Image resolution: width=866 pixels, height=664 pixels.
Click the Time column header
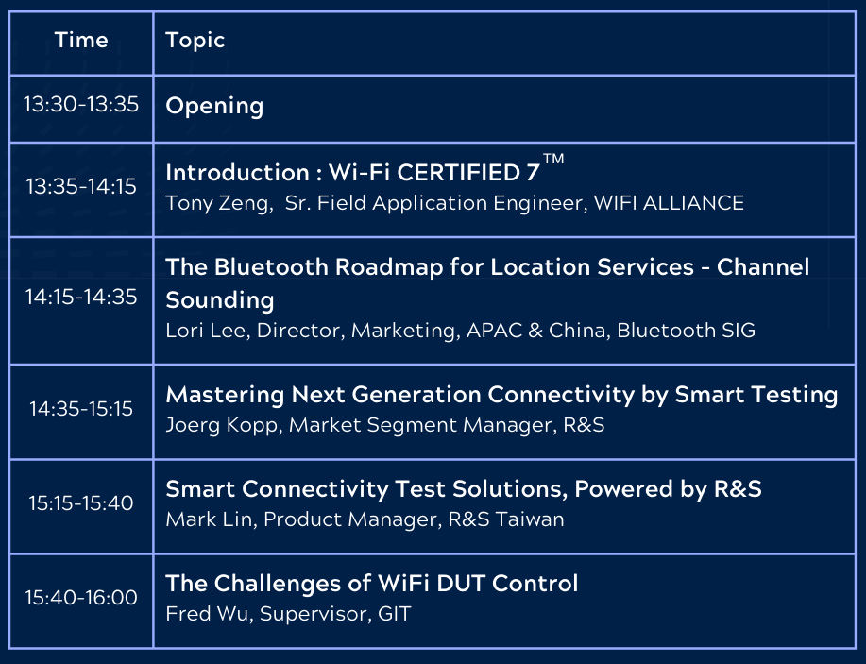[81, 40]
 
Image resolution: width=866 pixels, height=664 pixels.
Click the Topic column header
[195, 41]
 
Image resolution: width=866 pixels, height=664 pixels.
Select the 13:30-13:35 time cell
[81, 105]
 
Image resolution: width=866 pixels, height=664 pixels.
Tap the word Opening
[214, 106]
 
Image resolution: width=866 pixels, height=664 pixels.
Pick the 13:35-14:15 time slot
[81, 187]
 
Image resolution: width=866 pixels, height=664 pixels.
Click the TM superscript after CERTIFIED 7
[553, 159]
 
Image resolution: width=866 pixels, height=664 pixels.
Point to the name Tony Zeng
[219, 203]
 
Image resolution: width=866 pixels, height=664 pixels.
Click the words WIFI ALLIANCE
[669, 203]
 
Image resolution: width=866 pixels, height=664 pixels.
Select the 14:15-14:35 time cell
[81, 298]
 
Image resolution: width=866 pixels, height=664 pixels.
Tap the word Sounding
[220, 300]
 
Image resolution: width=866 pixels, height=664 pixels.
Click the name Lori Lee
[206, 331]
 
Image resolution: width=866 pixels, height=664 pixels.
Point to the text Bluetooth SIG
[686, 331]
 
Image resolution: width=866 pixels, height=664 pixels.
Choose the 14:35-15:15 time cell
[81, 409]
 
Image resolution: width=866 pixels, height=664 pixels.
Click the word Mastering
[225, 396]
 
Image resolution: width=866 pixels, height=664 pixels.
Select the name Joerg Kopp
[222, 425]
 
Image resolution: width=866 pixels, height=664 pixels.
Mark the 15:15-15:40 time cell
[81, 503]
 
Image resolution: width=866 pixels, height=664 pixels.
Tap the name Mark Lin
[210, 519]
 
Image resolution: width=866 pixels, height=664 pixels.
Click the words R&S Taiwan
[506, 519]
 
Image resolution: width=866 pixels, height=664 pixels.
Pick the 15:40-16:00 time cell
[81, 598]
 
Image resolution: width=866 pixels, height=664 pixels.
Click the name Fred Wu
[207, 614]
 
